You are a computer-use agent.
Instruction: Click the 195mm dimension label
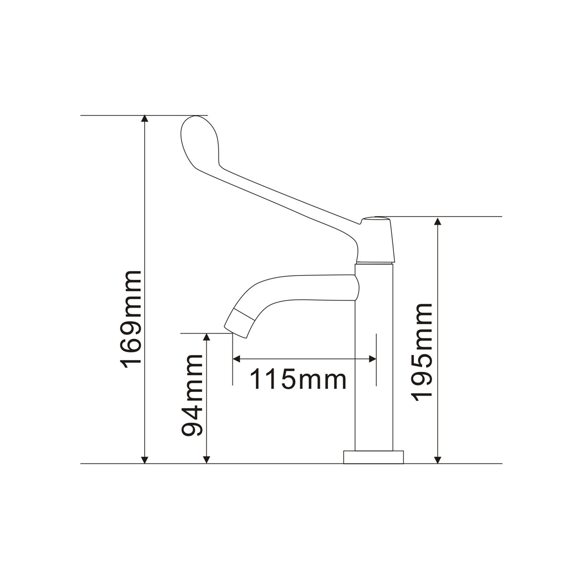(x=421, y=352)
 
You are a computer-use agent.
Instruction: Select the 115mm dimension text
(x=298, y=379)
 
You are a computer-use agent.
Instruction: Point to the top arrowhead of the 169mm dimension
(x=144, y=119)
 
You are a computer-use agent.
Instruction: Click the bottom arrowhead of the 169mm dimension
(x=144, y=460)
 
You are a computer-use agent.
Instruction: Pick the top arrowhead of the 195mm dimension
(x=437, y=221)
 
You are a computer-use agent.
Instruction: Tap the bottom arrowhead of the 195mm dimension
(x=437, y=460)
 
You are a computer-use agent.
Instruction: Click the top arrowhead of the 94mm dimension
(x=207, y=337)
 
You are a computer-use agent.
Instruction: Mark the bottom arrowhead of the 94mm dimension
(x=207, y=460)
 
